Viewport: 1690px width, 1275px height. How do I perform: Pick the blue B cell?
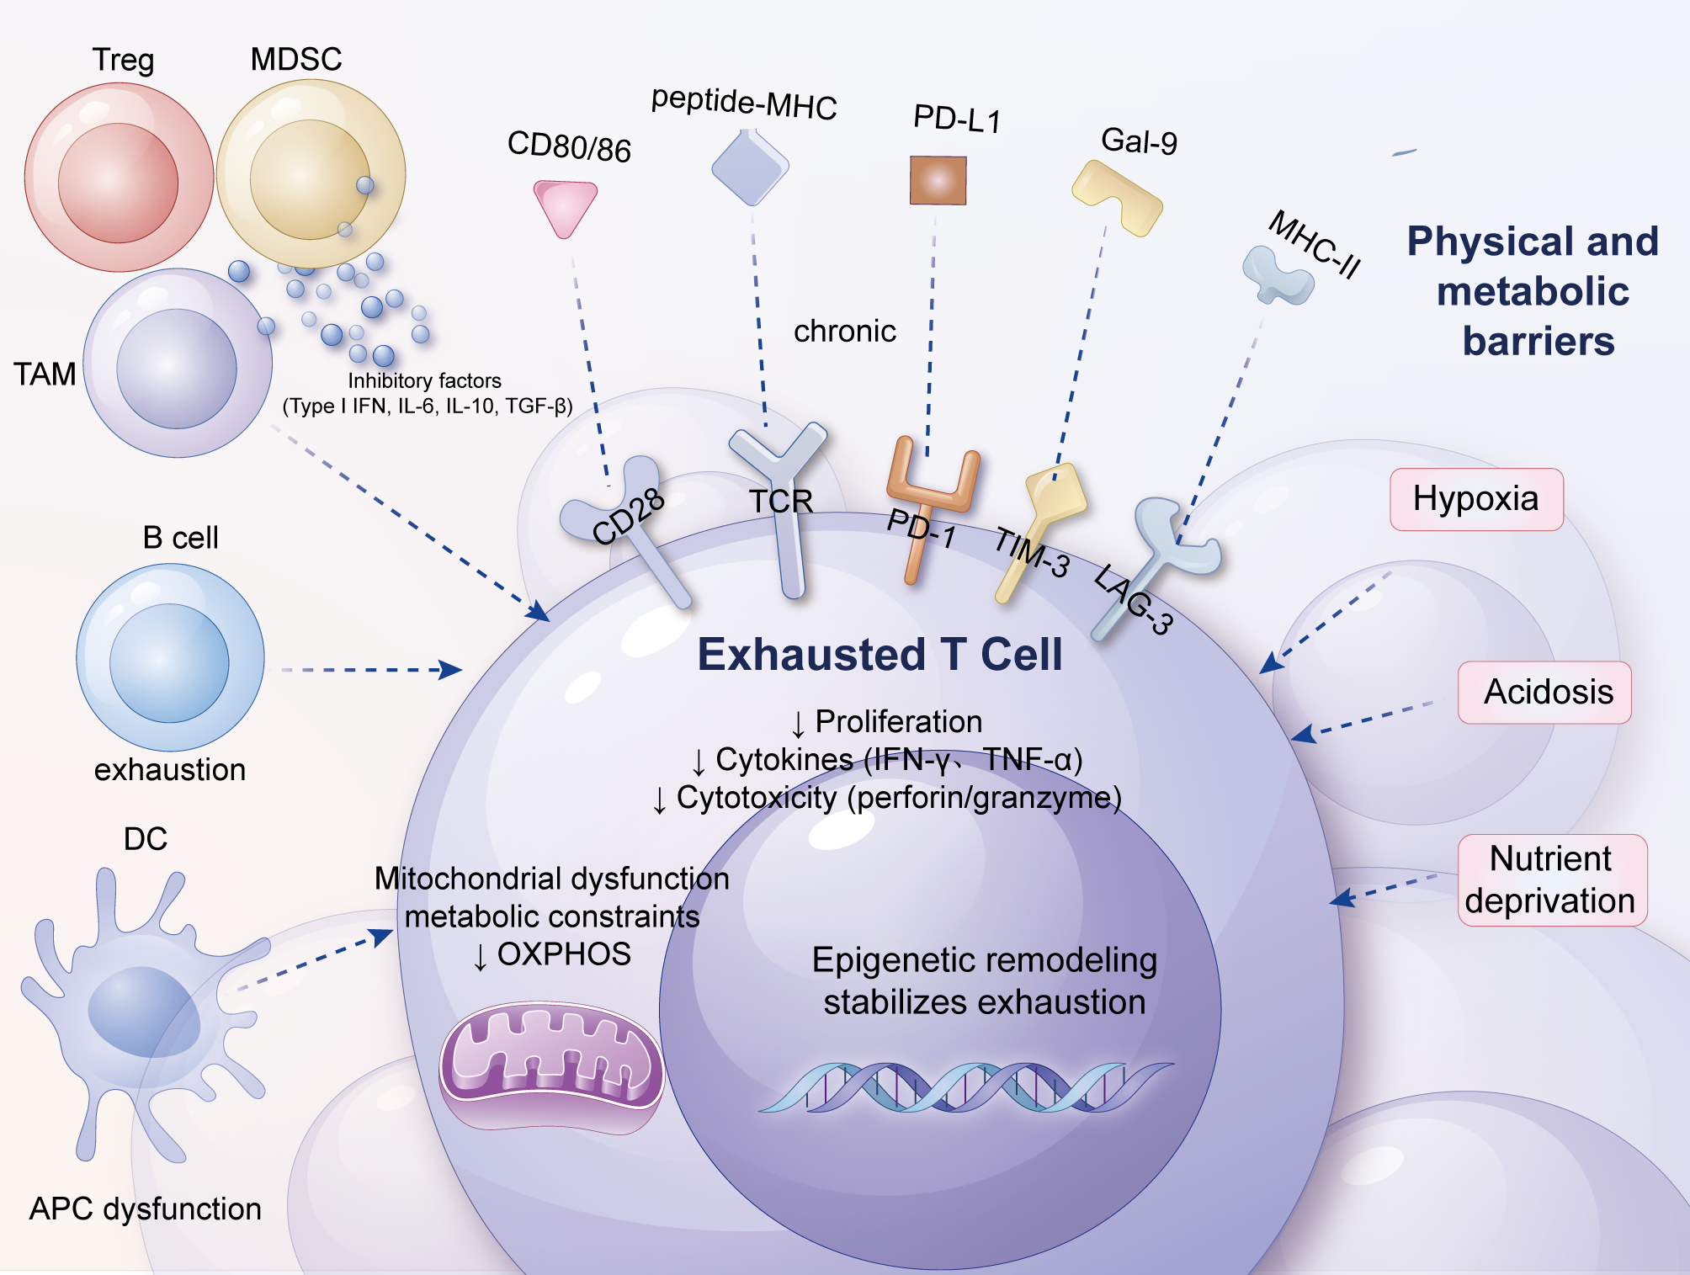click(170, 657)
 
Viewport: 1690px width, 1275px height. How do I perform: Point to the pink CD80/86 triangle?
click(565, 207)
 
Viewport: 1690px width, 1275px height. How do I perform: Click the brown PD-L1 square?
click(938, 180)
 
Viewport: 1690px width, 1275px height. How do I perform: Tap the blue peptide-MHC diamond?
click(750, 167)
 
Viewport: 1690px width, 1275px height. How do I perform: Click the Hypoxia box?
click(1476, 499)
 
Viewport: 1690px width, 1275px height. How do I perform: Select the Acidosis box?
click(1544, 692)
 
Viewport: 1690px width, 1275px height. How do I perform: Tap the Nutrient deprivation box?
click(1551, 879)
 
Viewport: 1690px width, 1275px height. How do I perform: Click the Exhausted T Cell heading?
click(880, 655)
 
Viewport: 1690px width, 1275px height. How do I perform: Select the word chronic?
click(844, 331)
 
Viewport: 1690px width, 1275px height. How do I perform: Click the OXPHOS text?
click(563, 954)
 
